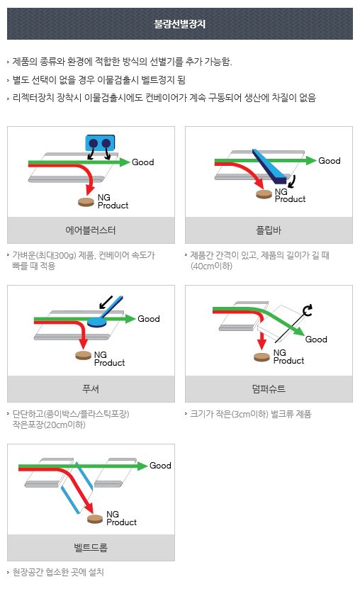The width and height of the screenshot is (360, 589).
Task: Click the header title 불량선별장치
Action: (x=180, y=24)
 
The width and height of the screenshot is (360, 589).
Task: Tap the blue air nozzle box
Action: (x=100, y=143)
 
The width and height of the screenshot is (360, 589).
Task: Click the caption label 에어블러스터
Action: (x=91, y=230)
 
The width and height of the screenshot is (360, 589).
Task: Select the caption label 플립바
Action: (x=269, y=230)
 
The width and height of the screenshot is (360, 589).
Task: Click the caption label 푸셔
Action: (x=91, y=389)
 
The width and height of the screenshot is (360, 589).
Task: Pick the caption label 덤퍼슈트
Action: (x=269, y=389)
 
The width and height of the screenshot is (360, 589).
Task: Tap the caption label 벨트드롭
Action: (x=91, y=547)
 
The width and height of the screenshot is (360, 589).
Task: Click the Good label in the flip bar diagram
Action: (x=330, y=161)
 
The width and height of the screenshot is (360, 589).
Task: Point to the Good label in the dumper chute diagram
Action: (x=316, y=340)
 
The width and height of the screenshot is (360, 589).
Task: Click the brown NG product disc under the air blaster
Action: (x=86, y=202)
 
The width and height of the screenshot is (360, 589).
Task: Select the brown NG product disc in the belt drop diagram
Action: (x=95, y=519)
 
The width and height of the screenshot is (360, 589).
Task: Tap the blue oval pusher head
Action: (x=97, y=322)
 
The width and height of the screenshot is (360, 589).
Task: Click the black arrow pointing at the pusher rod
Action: (x=106, y=302)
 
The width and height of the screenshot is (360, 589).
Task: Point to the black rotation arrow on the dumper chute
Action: (x=308, y=310)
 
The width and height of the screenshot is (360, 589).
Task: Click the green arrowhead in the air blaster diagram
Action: (x=125, y=162)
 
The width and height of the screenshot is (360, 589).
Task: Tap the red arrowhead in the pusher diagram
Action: (x=84, y=344)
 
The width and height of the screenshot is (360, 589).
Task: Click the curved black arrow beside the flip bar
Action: (x=292, y=181)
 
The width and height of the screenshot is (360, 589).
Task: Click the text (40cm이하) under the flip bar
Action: (x=211, y=267)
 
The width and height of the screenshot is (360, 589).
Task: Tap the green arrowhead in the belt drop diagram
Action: (x=142, y=466)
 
